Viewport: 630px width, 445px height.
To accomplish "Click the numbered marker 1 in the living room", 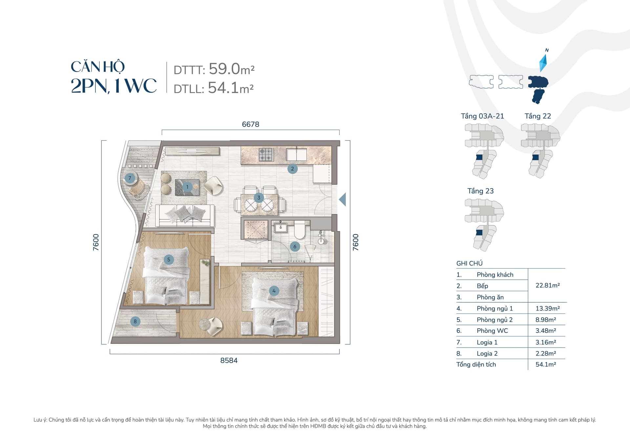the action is coord(187,187).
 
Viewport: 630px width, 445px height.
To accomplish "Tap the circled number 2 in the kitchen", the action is coord(292,169).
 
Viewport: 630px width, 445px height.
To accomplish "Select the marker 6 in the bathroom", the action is coord(295,247).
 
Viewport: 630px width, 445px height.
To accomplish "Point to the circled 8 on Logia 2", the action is coord(135,321).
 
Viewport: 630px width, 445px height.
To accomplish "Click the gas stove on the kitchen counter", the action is coord(266,155).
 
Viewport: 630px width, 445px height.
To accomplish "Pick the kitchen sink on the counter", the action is coord(297,154).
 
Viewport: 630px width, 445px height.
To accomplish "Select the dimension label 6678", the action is coord(251,124).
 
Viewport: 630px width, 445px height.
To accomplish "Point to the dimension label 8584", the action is coord(229,360).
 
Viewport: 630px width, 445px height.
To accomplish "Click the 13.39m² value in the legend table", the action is coord(548,308).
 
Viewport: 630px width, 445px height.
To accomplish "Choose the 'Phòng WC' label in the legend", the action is coord(492,331).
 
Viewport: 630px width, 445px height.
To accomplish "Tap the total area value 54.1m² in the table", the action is coord(546,364).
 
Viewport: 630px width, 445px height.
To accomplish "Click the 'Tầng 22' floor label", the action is coord(538,116).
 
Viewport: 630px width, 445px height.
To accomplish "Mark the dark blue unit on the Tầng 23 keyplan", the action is coord(479,233).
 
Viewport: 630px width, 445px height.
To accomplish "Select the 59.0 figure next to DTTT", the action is coord(224,69).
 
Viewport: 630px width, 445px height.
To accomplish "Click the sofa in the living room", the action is coord(185,215).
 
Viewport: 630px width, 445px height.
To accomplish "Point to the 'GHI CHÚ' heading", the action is coord(470,263).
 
